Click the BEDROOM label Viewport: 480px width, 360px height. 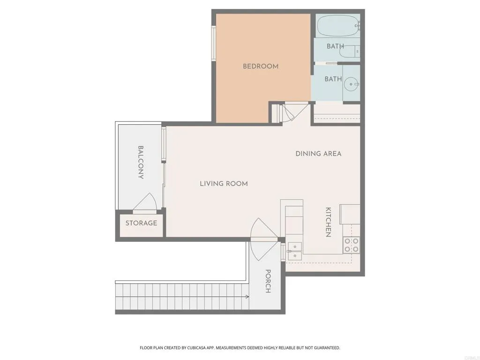coord(261,67)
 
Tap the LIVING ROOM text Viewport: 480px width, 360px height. coord(224,184)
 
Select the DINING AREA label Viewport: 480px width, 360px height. coord(318,154)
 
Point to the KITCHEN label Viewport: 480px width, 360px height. coord(329,222)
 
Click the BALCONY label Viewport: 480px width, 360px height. coord(141,163)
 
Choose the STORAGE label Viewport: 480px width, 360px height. coord(141,223)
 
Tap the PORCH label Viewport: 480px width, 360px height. coord(268,281)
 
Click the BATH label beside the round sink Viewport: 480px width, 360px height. coord(333,79)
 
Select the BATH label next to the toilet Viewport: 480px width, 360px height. coord(335,46)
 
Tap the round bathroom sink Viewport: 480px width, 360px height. coord(351,85)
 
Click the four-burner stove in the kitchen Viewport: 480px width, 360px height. coord(352,245)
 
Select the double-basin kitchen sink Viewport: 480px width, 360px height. coord(295,251)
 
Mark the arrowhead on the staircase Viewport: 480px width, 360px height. coord(247,296)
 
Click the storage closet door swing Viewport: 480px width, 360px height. coord(145,204)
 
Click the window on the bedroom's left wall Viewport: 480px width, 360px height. coord(213,43)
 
